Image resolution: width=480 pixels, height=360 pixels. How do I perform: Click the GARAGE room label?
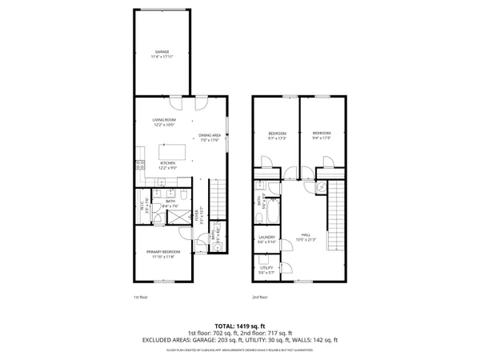[x=162, y=54]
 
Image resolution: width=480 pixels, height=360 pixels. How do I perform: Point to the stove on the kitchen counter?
[x=139, y=166]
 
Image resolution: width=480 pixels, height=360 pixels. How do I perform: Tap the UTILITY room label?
[x=266, y=270]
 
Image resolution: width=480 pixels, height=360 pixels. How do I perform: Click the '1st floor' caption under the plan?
[x=140, y=298]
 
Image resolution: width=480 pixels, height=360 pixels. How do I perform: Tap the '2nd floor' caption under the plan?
[x=259, y=298]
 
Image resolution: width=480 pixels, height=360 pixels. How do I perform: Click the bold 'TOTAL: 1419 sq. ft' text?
[x=240, y=326]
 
